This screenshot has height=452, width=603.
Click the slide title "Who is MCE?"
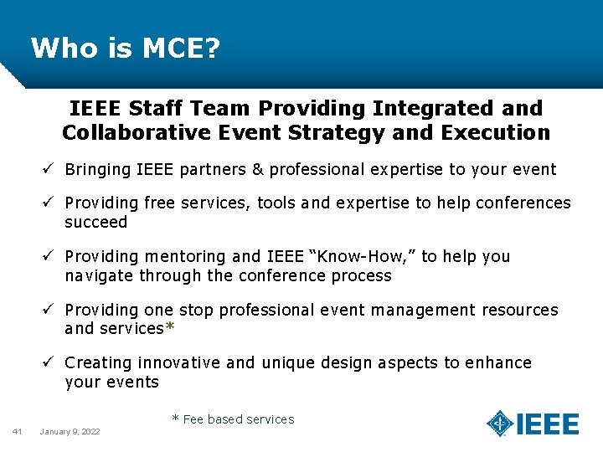point(126,49)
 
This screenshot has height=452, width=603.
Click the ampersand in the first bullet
point(258,170)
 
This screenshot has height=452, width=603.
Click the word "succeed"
point(95,223)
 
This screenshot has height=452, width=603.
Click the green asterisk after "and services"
point(170,329)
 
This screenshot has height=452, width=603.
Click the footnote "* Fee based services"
point(233,419)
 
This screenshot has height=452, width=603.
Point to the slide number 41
point(17,431)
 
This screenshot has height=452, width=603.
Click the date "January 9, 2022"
point(70,431)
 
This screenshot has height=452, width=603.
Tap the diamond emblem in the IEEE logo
point(500,424)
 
